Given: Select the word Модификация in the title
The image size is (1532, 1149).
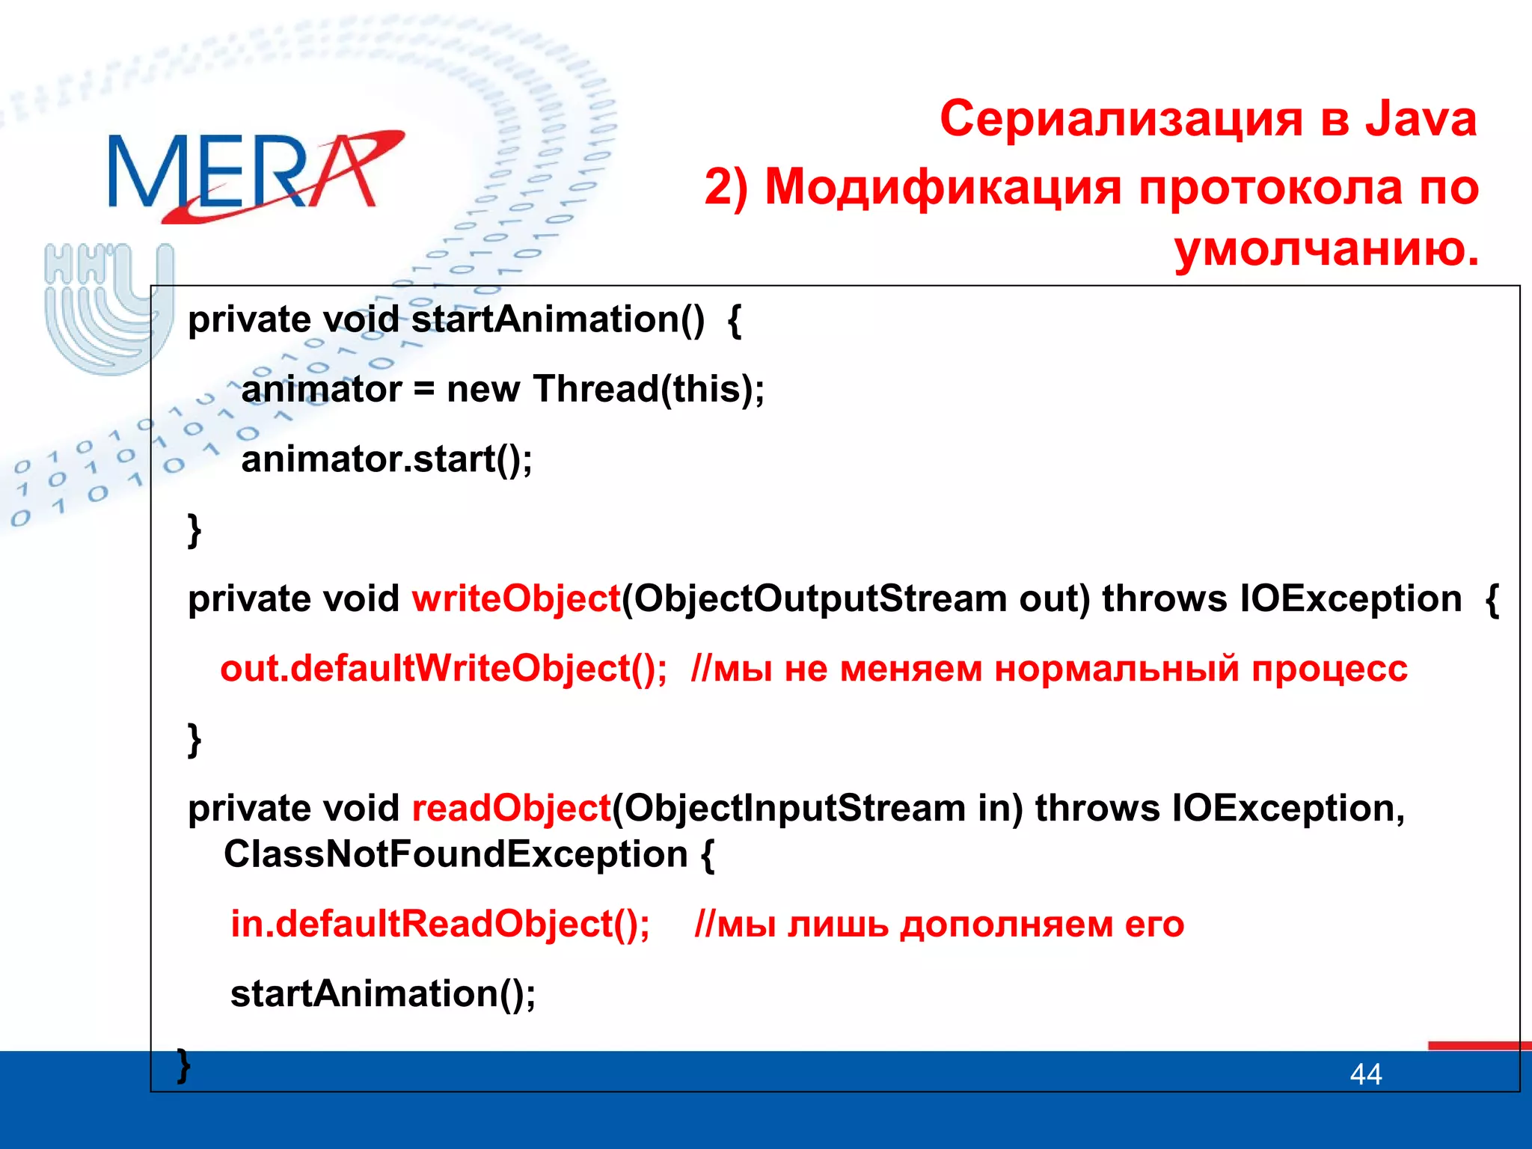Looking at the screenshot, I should point(943,187).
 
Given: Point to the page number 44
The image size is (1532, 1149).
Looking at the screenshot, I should point(1365,1075).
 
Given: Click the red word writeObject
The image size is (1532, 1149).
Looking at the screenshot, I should point(516,599).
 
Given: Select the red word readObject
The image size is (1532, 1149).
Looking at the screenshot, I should point(512,809).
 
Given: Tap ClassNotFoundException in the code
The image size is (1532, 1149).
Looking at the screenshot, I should point(455,854).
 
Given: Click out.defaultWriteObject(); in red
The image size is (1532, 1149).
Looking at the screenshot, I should point(443,669).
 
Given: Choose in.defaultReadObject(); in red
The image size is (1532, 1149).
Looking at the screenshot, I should point(440,925).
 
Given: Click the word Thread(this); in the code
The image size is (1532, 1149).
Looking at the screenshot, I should point(649,390).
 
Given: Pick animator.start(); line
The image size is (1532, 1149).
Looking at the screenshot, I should point(386,459).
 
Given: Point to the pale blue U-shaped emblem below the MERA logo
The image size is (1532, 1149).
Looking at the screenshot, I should point(108,307).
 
